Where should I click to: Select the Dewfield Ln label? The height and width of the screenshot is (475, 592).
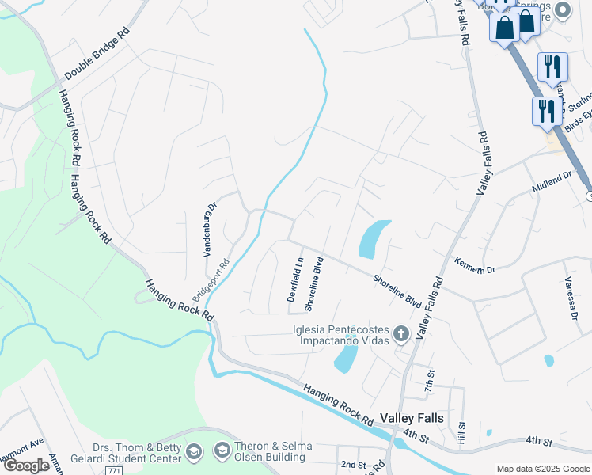295,279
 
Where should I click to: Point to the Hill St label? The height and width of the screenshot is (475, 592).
462,432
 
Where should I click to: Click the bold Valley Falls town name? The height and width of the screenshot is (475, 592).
412,417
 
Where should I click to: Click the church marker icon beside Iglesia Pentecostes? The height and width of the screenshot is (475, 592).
400,334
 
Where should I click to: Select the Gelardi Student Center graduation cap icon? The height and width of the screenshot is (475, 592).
193,452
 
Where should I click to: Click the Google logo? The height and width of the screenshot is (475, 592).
26,465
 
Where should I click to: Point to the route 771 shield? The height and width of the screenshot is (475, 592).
116,470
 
